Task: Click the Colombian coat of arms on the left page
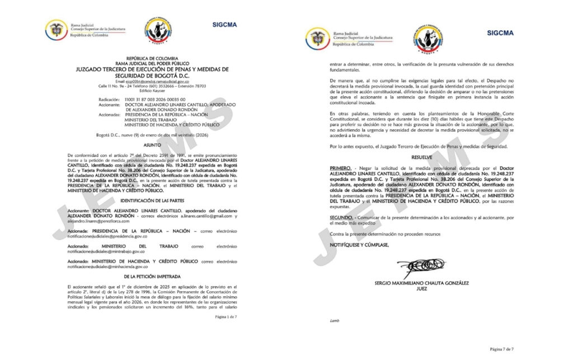(56, 30)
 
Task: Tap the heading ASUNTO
(153, 145)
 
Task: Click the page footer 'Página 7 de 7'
(501, 349)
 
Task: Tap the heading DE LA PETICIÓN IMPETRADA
(153, 277)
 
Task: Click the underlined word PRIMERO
(340, 168)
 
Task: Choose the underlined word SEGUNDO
(341, 216)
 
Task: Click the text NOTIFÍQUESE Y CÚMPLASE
(359, 245)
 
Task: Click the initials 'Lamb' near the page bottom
(335, 321)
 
